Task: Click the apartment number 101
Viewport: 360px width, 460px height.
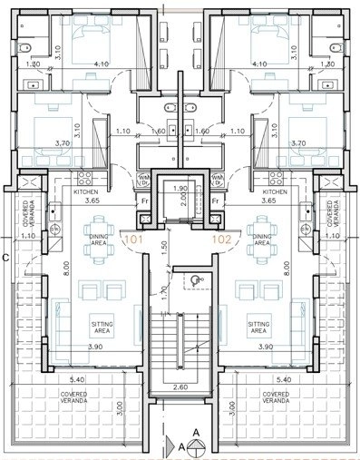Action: [x=133, y=240]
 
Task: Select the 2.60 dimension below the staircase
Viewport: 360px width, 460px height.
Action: [x=179, y=388]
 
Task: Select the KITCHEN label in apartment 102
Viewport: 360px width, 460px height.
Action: [x=274, y=192]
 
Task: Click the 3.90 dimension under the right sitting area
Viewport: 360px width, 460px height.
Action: [x=267, y=347]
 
